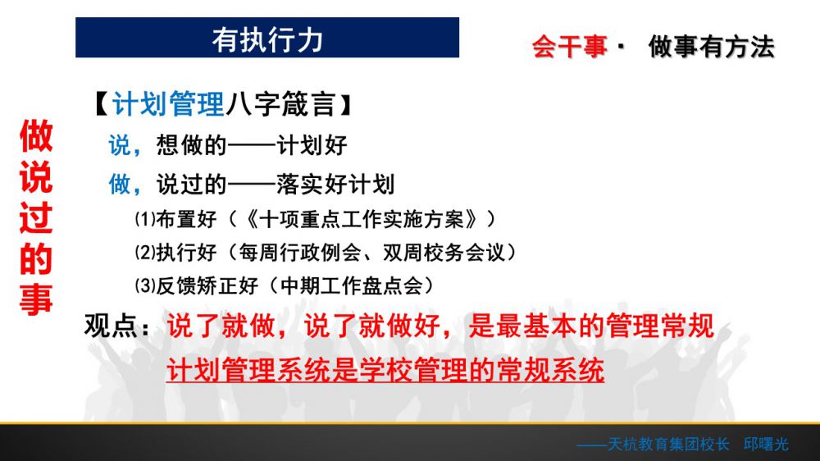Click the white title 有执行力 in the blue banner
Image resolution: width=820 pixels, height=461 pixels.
point(267,39)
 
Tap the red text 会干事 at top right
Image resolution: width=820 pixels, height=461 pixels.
point(570,47)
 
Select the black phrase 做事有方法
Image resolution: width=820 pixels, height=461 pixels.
point(711,47)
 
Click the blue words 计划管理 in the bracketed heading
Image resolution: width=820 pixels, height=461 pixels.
point(168,103)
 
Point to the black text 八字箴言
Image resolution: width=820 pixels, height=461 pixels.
point(281,103)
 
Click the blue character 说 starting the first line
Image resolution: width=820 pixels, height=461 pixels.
point(119,145)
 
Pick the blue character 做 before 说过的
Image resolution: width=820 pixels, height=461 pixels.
point(119,185)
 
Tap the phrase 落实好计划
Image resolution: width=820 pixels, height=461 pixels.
point(335,185)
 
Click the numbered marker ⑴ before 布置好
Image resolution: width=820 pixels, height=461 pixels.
point(145,219)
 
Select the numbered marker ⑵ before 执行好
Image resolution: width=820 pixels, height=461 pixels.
point(145,252)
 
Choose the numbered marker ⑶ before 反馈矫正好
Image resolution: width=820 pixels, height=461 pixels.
point(145,285)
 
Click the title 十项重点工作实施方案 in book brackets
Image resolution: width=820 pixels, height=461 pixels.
point(362,219)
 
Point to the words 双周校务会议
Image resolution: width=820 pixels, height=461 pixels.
point(444,253)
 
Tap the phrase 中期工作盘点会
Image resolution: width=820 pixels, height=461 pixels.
point(352,286)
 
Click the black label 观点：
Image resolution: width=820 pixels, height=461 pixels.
point(117,326)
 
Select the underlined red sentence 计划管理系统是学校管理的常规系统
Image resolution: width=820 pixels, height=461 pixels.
point(385,370)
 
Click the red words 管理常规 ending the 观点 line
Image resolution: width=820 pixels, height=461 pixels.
point(660,326)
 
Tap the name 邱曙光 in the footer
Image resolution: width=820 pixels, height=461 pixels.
point(766,445)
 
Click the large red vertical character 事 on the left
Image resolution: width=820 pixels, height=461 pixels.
point(36,299)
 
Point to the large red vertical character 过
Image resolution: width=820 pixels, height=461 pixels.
point(36,217)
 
